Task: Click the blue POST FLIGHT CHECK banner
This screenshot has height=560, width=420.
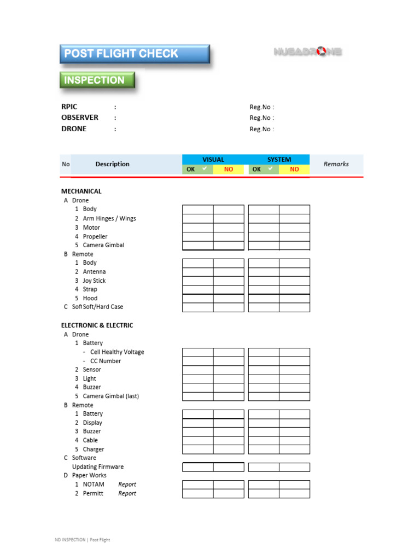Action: [134, 54]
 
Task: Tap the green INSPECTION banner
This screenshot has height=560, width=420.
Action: [97, 80]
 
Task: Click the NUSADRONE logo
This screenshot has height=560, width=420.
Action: [307, 52]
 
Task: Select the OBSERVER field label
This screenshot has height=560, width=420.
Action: [80, 118]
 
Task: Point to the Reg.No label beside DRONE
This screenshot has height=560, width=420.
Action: [261, 129]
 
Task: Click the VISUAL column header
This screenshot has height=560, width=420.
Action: [213, 160]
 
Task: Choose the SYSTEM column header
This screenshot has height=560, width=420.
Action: [279, 160]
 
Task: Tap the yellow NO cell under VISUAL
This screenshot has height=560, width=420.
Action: [229, 170]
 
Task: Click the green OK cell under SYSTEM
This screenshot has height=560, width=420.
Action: [264, 170]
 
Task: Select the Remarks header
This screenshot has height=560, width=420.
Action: [336, 164]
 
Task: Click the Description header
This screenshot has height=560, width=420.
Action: [112, 164]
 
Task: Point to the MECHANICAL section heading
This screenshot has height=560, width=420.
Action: [81, 191]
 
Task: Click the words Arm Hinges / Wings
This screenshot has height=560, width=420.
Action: [109, 219]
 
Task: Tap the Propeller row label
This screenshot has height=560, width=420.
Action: [95, 236]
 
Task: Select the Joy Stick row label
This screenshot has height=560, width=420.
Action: [94, 281]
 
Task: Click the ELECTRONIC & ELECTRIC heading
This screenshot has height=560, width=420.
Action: [97, 325]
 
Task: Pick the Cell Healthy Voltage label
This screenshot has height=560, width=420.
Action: [117, 352]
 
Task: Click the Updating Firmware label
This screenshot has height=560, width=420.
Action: [98, 467]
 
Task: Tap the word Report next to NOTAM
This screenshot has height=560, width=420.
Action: [127, 485]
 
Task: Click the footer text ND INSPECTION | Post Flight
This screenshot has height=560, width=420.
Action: [82, 540]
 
